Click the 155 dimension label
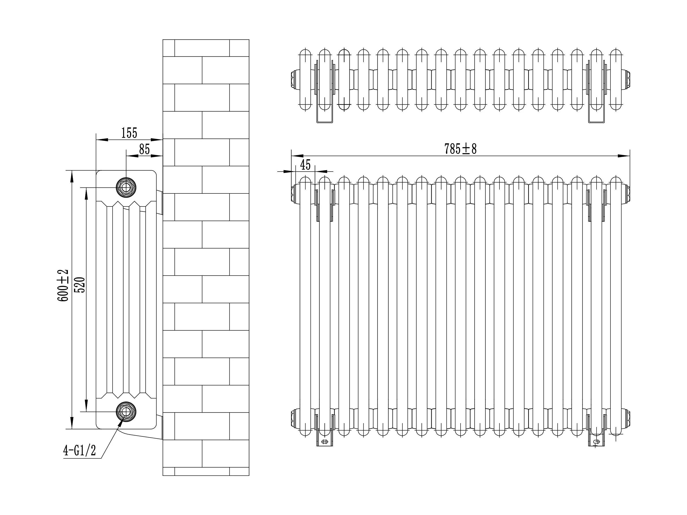pos(129,133)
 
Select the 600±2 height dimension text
pos(63,285)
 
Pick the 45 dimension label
pos(305,165)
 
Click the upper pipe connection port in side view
pos(126,188)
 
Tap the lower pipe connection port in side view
pos(126,411)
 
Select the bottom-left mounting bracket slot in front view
pos(324,441)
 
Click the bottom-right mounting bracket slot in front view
pos(596,441)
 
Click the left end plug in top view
pos(294,79)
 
